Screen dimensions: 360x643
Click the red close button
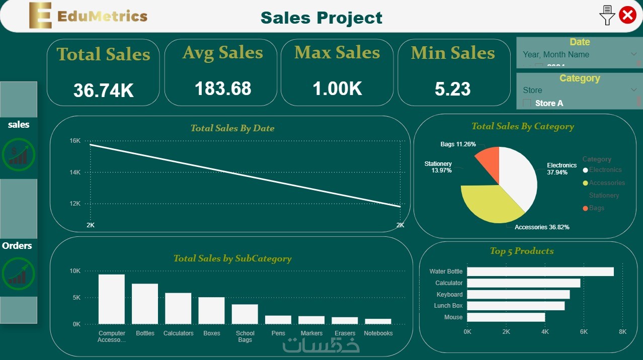627,15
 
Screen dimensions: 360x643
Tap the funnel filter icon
607,16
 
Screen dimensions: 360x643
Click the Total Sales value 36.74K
103,91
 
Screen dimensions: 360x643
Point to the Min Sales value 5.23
453,89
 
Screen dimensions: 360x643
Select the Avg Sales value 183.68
223,88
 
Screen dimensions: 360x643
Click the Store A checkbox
527,103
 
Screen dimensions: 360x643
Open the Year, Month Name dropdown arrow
633,54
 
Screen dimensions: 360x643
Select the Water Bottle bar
540,272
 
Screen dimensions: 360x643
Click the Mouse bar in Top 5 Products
506,317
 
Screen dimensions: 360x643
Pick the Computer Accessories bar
112,299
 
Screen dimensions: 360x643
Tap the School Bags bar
245,314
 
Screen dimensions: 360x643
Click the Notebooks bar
378,321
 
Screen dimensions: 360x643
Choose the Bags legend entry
597,208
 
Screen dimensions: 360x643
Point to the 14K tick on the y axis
74,172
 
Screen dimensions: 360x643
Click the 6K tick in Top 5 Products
584,332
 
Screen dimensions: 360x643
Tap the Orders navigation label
17,246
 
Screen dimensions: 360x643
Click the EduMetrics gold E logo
40,16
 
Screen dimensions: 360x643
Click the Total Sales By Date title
232,128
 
